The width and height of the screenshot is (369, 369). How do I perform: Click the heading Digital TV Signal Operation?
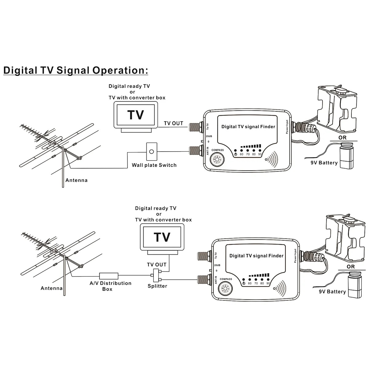pos(76,70)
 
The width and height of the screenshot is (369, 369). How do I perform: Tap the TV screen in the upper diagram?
pos(136,115)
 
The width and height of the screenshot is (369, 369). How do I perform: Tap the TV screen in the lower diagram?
pos(162,237)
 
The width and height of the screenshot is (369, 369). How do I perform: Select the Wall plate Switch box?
pos(151,152)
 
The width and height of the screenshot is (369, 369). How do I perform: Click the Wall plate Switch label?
pos(154,165)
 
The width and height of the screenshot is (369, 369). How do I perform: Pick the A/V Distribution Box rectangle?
pos(109,276)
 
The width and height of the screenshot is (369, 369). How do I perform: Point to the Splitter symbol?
pos(157,275)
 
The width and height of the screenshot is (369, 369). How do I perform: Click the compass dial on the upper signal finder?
pos(217,160)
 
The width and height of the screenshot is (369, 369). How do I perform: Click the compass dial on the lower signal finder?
pos(225,289)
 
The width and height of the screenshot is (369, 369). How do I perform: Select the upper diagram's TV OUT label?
pos(173,123)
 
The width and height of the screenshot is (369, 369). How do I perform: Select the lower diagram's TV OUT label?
pos(157,264)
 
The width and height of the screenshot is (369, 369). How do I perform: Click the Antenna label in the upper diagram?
pos(77,180)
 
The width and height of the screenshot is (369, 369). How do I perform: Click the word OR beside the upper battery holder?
pos(342,138)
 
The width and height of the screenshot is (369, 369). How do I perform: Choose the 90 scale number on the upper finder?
pos(260,154)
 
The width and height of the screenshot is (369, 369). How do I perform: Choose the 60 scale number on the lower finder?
pos(250,284)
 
